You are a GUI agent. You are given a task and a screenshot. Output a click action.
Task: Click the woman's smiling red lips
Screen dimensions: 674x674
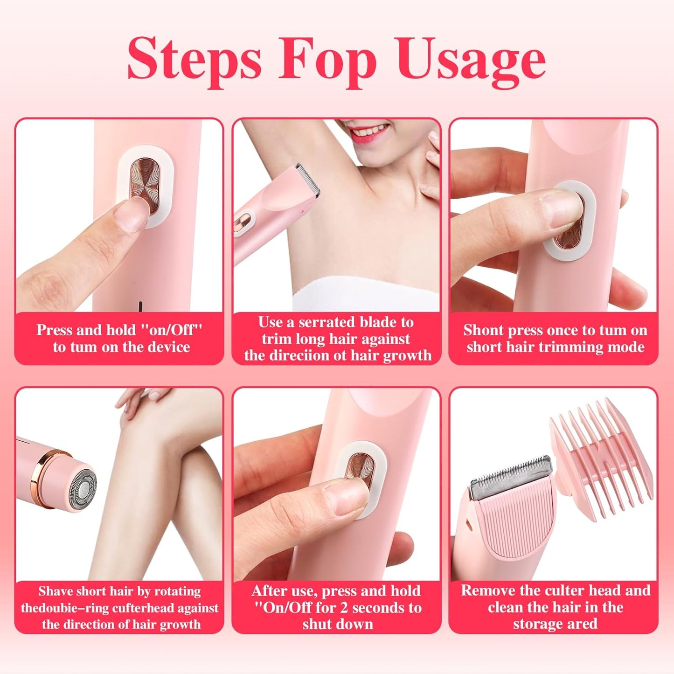[x=368, y=132]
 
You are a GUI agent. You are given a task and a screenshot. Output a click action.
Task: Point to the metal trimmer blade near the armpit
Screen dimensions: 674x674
[x=308, y=180]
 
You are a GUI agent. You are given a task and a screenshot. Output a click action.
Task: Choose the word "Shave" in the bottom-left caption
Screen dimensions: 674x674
[x=55, y=591]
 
